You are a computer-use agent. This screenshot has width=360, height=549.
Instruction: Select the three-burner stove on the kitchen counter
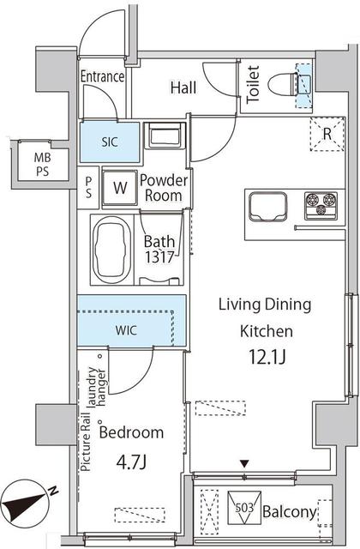click(x=321, y=206)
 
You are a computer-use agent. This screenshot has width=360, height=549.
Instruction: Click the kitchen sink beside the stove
click(x=267, y=207)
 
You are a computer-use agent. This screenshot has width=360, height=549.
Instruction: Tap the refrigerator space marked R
click(x=327, y=134)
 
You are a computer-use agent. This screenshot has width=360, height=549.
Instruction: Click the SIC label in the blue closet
click(x=110, y=142)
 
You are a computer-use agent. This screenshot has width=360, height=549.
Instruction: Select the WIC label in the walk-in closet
click(x=126, y=330)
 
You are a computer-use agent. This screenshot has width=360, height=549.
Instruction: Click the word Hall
click(x=183, y=87)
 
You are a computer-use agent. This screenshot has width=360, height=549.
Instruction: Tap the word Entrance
click(x=102, y=76)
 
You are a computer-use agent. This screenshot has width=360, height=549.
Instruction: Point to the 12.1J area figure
click(x=267, y=357)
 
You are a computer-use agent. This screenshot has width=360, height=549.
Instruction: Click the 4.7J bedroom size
click(x=131, y=463)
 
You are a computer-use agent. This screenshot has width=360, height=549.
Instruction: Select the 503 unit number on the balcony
click(x=244, y=507)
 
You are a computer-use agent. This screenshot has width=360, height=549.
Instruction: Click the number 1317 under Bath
click(x=159, y=257)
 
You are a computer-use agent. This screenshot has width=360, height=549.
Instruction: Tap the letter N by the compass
click(x=53, y=491)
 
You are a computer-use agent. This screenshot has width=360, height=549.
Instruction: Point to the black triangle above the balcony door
click(x=244, y=464)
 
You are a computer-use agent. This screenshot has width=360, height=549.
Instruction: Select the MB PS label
click(x=42, y=165)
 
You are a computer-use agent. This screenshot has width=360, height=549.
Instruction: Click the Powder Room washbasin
click(x=165, y=135)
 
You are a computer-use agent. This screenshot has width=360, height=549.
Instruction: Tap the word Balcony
click(x=289, y=512)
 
